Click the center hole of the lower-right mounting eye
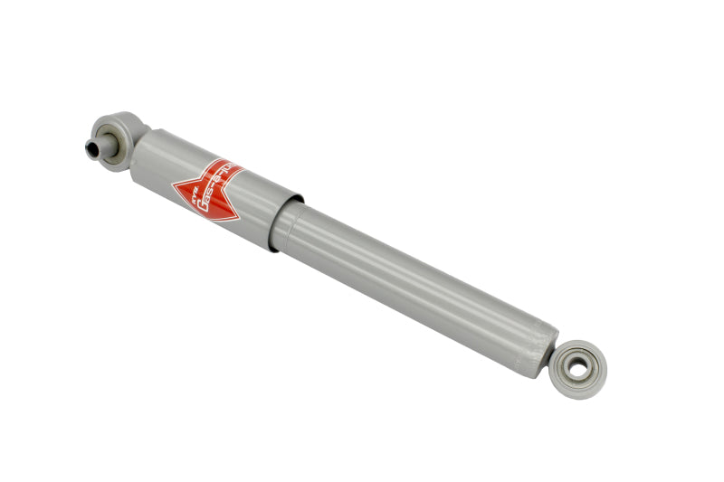[x=577, y=369]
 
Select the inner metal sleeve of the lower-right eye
[x=577, y=369]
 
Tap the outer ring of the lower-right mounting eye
[x=590, y=354]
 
